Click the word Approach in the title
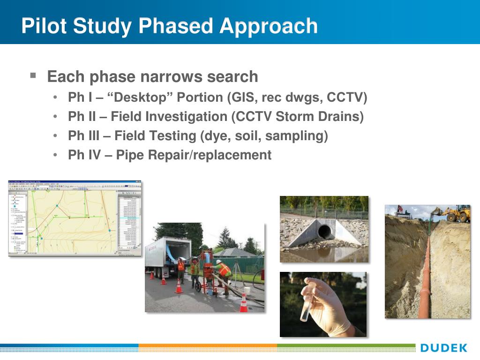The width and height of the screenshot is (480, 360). pos(269,26)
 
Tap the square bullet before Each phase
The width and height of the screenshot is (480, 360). pos(33,75)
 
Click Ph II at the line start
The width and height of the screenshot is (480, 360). pos(82,117)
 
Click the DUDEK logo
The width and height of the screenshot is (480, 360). pos(443,348)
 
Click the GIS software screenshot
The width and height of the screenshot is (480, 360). pos(75,218)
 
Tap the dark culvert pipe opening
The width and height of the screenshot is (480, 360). pos(324,231)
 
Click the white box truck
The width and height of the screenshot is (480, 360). pos(166,255)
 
